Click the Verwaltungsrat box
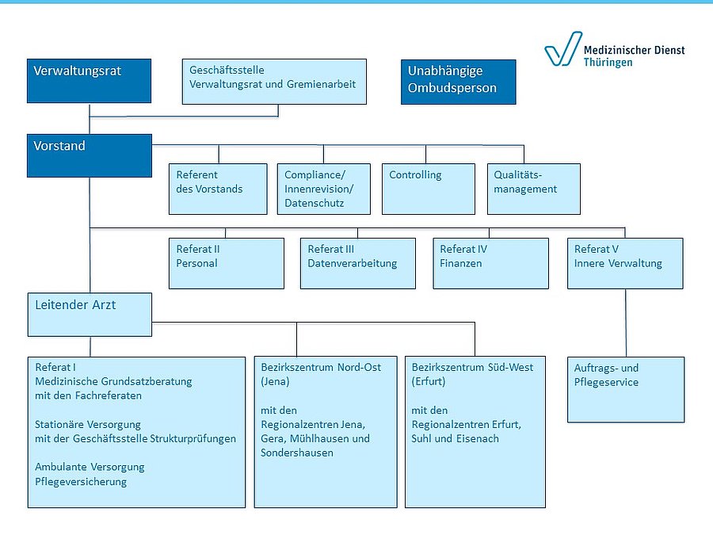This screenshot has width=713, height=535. point(89,81)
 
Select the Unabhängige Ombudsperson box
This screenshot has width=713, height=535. point(458,81)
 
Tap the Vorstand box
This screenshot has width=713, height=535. point(89,155)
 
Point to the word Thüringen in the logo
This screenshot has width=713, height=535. point(608,63)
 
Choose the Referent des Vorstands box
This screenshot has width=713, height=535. point(218,189)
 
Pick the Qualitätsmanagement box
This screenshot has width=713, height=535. point(533,189)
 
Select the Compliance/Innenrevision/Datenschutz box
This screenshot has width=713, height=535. point(323,189)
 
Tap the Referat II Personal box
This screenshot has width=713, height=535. point(226,263)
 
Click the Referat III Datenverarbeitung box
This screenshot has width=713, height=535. point(357,263)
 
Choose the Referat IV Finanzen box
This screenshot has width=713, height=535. point(490,263)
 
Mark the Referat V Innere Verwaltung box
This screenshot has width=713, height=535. point(625,263)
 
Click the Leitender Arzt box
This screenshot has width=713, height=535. point(89,314)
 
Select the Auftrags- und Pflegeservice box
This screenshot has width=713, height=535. point(625,389)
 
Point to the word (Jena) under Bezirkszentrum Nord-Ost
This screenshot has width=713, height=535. point(276,382)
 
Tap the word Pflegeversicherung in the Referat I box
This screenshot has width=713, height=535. point(81,482)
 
